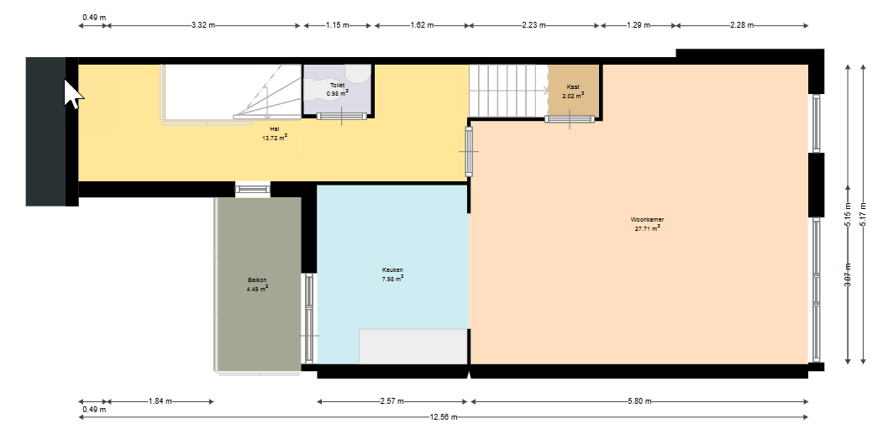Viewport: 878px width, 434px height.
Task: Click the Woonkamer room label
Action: tap(647, 220)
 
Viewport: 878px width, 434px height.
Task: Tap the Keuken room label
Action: tap(392, 269)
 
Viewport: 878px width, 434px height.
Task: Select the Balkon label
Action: tap(257, 280)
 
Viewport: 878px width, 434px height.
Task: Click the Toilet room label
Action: tap(337, 85)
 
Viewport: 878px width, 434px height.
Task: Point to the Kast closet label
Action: tap(573, 86)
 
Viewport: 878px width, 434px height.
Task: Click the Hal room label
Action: tap(275, 129)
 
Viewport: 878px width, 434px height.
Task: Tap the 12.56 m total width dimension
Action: tap(443, 417)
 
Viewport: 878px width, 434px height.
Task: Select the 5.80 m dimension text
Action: tap(639, 401)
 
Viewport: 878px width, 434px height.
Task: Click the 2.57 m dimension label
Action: tap(392, 401)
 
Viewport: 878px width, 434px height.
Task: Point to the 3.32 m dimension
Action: tap(203, 25)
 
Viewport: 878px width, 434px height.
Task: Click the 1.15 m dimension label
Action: tap(338, 25)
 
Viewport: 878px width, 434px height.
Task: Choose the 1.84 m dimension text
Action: tap(160, 401)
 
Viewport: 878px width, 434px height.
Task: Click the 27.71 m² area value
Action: tap(647, 228)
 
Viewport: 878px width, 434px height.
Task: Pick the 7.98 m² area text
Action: tap(392, 278)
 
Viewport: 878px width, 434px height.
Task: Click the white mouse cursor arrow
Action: tap(73, 94)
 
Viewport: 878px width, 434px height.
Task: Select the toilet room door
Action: tap(342, 117)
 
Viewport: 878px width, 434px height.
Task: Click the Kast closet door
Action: tap(570, 118)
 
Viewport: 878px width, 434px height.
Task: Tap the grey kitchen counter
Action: tap(413, 347)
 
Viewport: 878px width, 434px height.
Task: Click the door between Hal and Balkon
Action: tap(253, 189)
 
